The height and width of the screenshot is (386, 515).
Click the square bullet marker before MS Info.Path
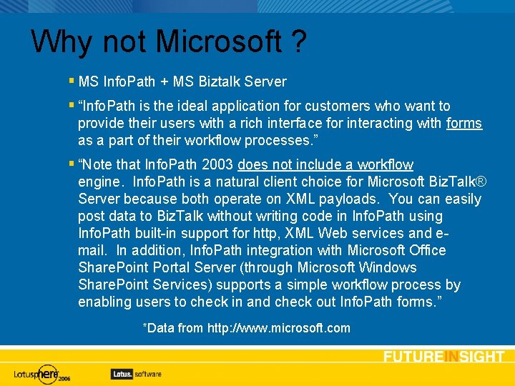(x=72, y=81)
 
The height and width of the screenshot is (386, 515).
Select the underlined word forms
(x=464, y=124)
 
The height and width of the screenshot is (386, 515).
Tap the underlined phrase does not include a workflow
(x=325, y=165)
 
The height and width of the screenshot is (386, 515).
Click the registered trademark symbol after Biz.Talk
(x=476, y=182)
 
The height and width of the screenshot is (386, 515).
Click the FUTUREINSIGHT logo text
(x=443, y=357)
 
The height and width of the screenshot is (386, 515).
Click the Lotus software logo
(x=136, y=373)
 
